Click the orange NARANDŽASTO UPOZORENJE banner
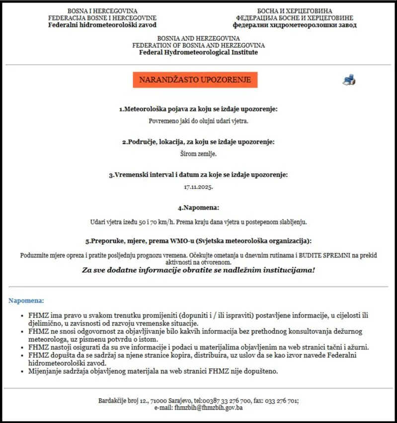195,80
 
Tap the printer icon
349,80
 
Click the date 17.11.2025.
198,187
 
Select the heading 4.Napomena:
198,208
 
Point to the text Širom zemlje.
198,154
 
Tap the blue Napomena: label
26,301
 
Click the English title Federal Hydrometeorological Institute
198,52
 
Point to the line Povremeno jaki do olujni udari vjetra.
198,120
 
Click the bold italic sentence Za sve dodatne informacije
198,270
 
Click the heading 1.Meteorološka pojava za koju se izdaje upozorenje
198,108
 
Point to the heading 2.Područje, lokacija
198,142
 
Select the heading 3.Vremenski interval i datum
198,175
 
